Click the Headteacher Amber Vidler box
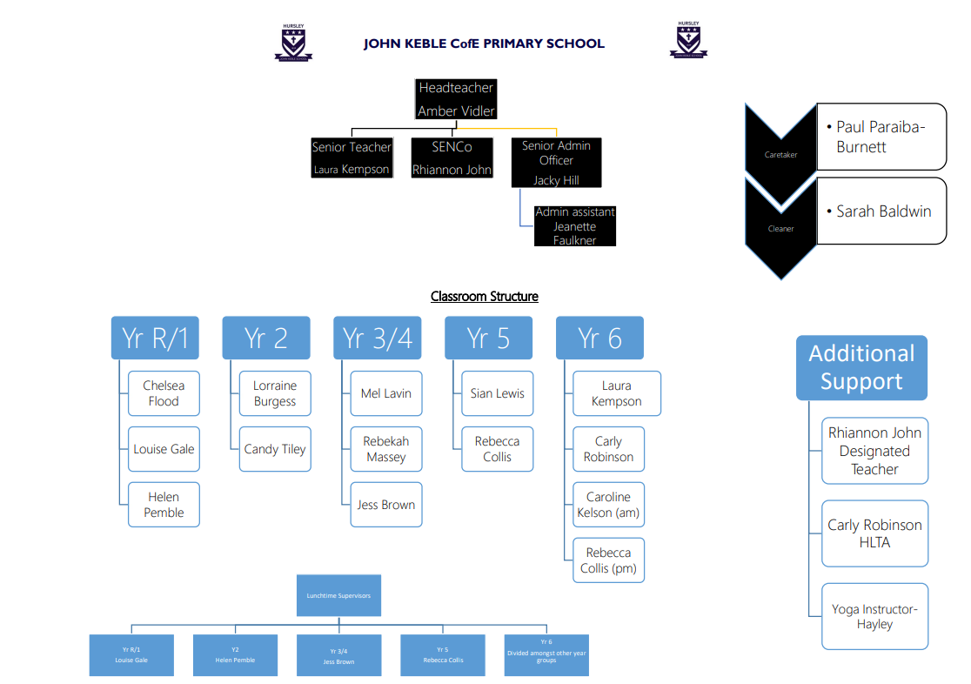(456, 99)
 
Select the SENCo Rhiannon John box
(452, 158)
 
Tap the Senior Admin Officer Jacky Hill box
(556, 163)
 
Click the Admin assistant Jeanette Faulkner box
(575, 225)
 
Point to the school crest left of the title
(293, 43)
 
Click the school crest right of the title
(688, 41)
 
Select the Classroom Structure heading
(484, 297)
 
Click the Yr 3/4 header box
(377, 338)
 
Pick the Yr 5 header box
(488, 338)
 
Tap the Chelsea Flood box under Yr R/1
(164, 393)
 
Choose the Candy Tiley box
(275, 449)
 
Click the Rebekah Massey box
(386, 449)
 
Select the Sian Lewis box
(498, 393)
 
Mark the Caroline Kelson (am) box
(608, 505)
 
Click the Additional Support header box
(861, 367)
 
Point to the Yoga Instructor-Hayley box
(874, 616)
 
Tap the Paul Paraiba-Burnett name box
(881, 137)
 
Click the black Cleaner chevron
(780, 228)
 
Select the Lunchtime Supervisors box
(338, 596)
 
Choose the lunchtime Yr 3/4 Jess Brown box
(338, 655)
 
